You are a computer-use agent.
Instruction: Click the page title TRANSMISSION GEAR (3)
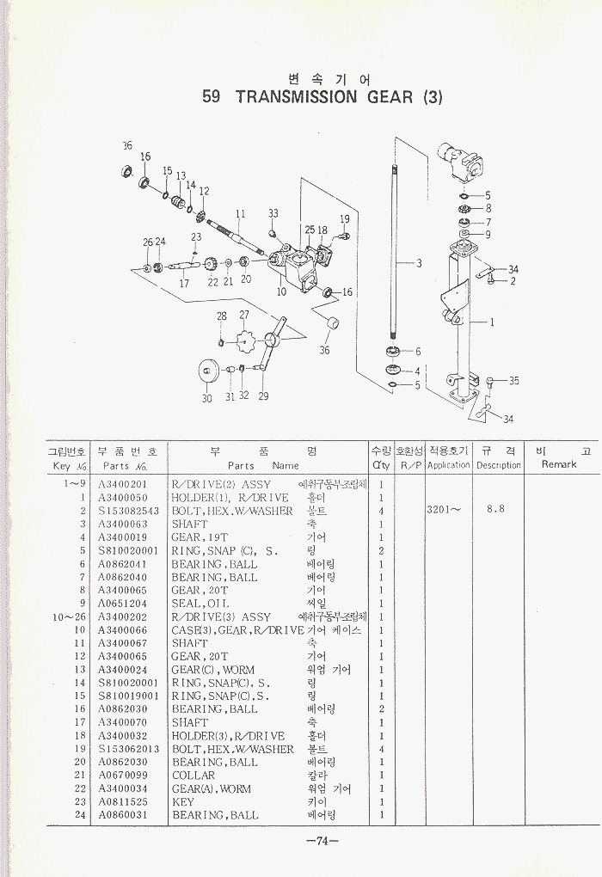322,96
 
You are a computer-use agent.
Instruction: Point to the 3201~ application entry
443,509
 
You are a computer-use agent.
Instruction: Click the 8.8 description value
495,509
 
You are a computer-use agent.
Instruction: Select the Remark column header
559,464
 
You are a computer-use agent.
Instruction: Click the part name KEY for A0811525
183,802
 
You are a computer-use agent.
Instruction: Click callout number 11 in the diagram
241,213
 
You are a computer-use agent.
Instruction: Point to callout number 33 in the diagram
273,213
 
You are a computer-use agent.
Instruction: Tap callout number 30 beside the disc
206,398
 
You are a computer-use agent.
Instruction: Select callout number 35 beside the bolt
513,380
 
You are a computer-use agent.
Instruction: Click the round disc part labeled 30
207,371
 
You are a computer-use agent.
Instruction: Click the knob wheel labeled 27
245,340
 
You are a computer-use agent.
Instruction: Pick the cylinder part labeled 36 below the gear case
330,327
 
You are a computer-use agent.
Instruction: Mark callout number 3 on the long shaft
419,263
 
